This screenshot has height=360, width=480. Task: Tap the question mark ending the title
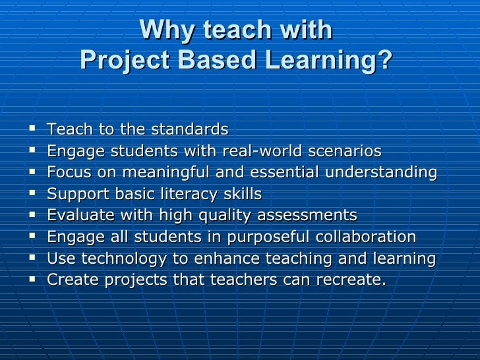384,61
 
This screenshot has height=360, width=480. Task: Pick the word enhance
214,258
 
